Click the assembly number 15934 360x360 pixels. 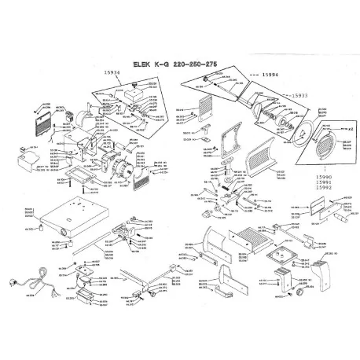[112, 77]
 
